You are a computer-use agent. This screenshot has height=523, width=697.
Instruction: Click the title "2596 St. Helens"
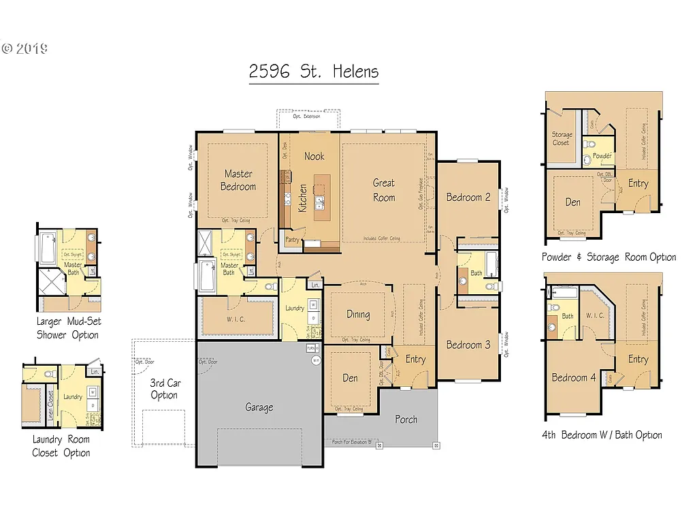(314, 72)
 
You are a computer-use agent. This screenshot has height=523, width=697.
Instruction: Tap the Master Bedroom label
(238, 180)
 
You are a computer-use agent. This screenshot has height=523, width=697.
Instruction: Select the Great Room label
(384, 190)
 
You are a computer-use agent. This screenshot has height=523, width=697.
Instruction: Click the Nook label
(314, 156)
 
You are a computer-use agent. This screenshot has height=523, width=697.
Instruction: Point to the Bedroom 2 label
(468, 197)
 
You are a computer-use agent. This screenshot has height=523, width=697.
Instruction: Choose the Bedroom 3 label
(468, 345)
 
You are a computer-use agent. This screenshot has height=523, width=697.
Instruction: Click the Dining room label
(358, 315)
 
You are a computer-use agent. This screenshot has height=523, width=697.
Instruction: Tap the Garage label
(259, 407)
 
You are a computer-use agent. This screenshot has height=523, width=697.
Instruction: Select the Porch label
(406, 419)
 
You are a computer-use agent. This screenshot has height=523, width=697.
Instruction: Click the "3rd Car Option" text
(164, 389)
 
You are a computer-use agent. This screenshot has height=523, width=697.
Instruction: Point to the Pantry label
(292, 240)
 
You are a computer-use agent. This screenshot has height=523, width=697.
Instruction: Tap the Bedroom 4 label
(569, 378)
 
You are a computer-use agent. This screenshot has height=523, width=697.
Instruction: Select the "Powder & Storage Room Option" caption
(609, 257)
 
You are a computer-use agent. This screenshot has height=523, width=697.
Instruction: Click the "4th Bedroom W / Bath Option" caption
(602, 435)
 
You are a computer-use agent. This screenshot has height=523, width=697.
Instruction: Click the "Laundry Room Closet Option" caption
(61, 446)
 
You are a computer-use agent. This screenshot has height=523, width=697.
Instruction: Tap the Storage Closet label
(562, 139)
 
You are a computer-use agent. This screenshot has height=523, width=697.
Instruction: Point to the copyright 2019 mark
(25, 48)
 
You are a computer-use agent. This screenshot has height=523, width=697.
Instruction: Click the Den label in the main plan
(350, 378)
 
